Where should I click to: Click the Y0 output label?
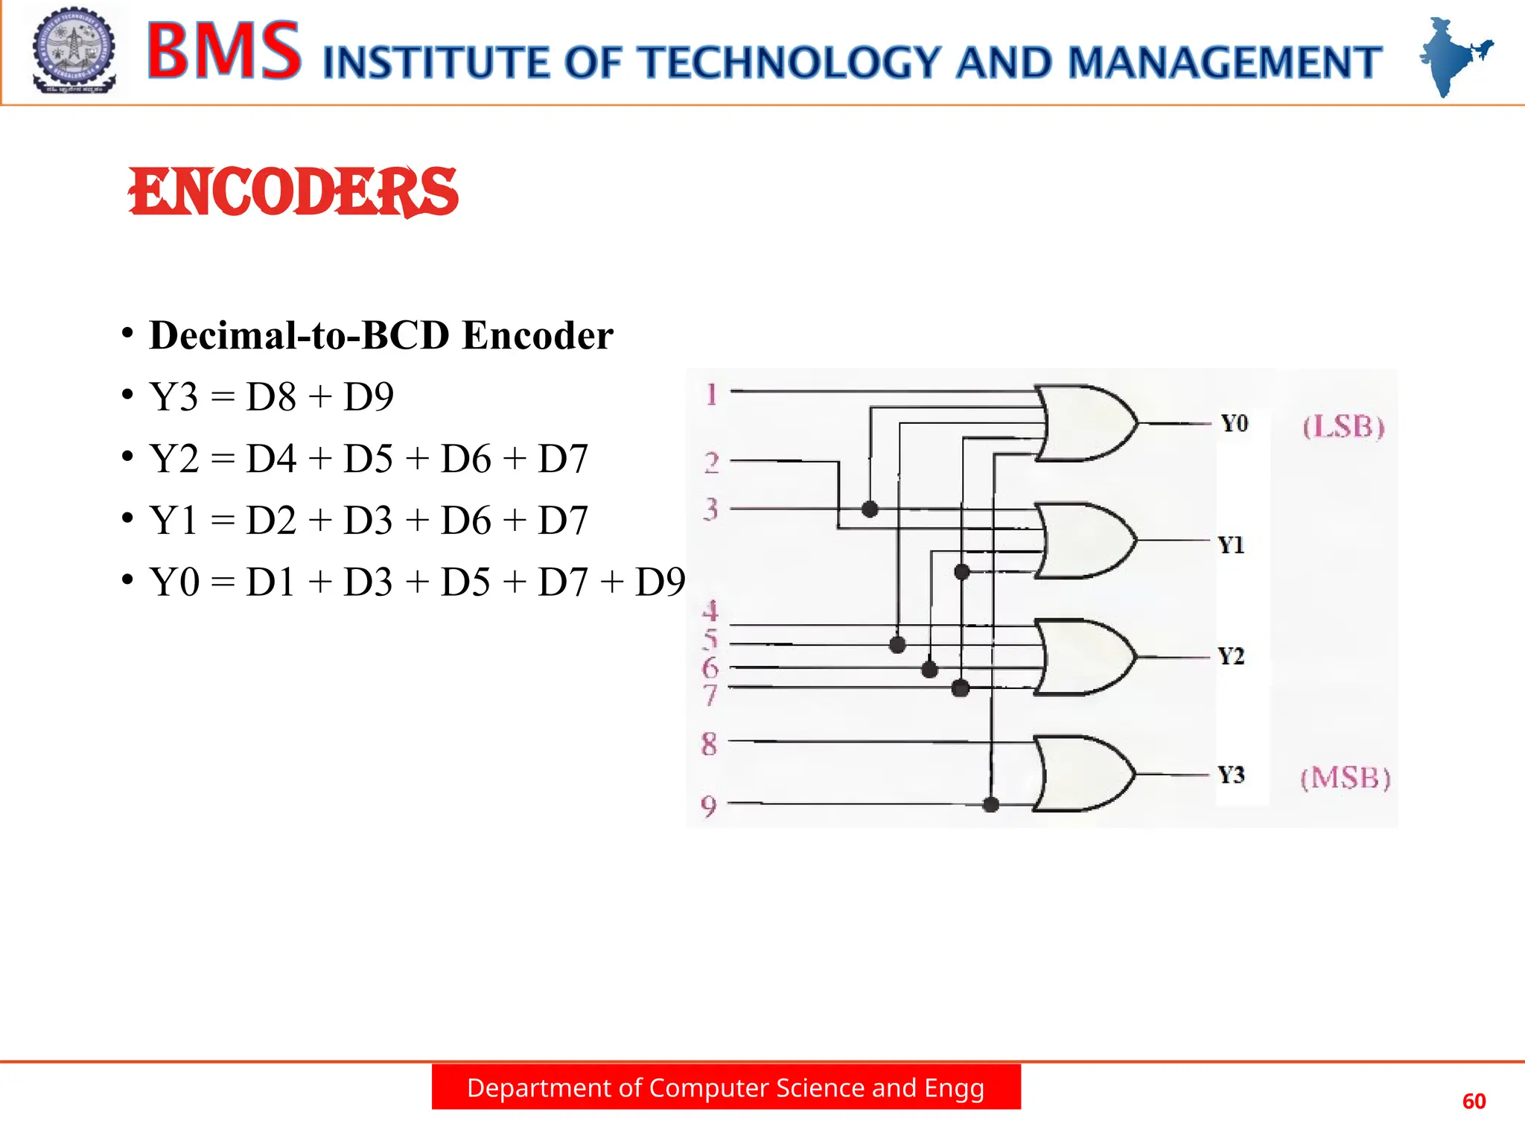[x=1234, y=424]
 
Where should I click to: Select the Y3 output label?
[x=1231, y=775]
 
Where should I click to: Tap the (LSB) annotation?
[x=1343, y=427]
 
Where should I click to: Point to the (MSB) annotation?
[x=1345, y=778]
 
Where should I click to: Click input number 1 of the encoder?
[x=712, y=394]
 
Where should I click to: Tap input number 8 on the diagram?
[x=709, y=743]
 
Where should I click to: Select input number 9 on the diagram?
[x=709, y=806]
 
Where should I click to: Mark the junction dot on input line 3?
[x=870, y=509]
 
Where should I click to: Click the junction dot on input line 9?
[x=990, y=804]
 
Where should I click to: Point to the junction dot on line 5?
[x=898, y=644]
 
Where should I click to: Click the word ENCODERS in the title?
[x=293, y=192]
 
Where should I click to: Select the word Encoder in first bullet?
[x=538, y=336]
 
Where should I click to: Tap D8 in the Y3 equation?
[x=271, y=397]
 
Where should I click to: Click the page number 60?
[x=1474, y=1102]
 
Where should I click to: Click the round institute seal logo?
[x=74, y=51]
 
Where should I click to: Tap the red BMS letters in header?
[x=224, y=51]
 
